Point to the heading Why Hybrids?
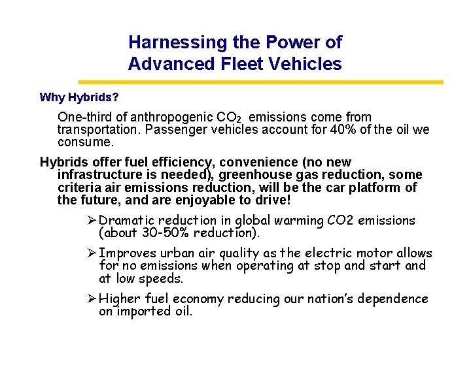(79, 98)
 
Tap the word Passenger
(172, 129)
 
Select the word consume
(86, 141)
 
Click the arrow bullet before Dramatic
(92, 221)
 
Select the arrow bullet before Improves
(92, 253)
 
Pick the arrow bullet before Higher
(92, 299)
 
